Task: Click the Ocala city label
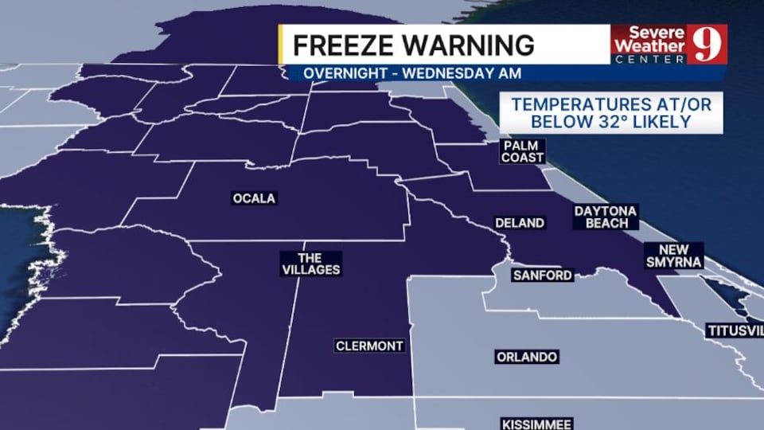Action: click(254, 198)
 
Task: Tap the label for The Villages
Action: click(310, 264)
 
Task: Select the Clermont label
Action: click(369, 346)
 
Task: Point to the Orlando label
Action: click(526, 357)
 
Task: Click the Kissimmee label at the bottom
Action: click(537, 423)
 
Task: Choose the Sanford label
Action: click(542, 276)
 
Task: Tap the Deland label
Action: click(520, 223)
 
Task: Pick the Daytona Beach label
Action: click(606, 217)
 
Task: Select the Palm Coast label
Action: click(522, 151)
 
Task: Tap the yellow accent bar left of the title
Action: click(281, 45)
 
